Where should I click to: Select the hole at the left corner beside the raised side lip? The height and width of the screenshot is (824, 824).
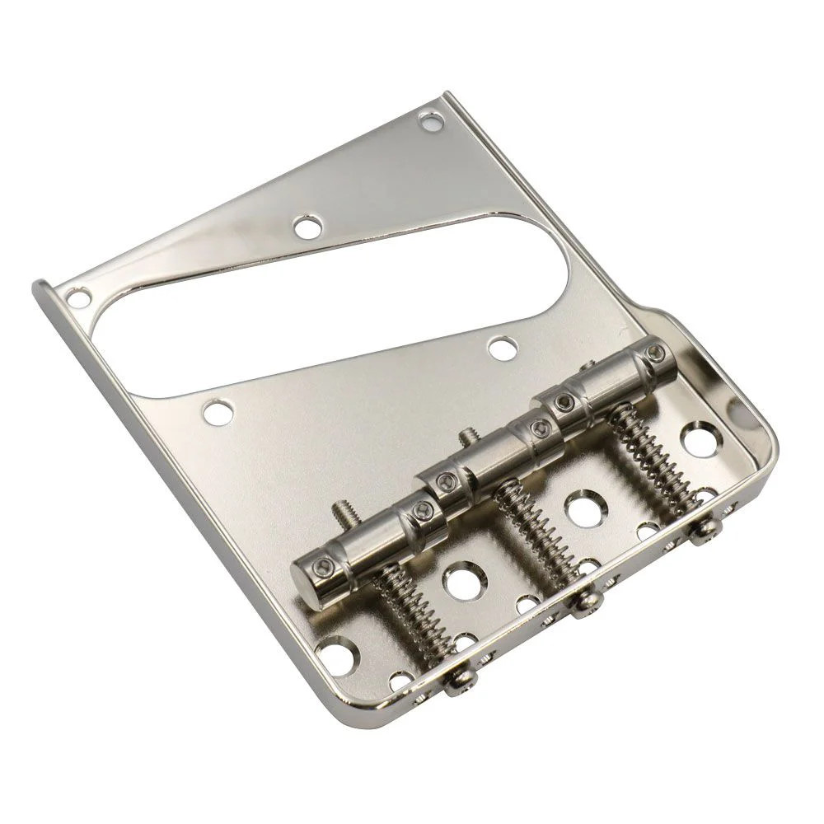(x=79, y=293)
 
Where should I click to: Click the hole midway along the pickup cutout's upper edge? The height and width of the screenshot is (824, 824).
(x=307, y=225)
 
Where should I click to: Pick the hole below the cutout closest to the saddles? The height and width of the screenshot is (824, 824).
(x=500, y=348)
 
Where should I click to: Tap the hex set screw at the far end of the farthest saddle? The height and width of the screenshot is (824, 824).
(x=656, y=353)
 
